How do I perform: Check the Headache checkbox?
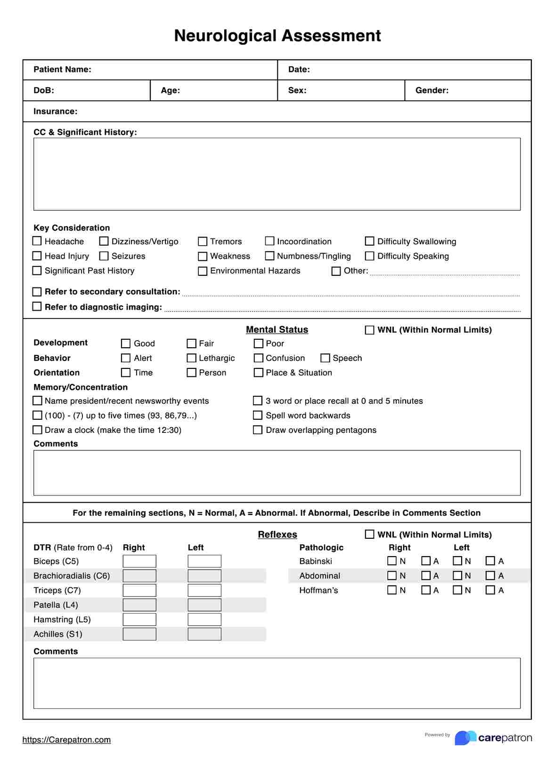[x=37, y=241]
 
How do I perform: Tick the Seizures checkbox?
[x=104, y=256]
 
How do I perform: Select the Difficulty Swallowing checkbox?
[x=370, y=241]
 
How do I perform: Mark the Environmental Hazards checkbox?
[x=203, y=271]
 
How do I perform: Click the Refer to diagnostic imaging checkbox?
[x=37, y=306]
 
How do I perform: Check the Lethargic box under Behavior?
[x=191, y=358]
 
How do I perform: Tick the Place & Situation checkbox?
[x=258, y=373]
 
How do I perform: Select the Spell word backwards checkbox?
[x=258, y=415]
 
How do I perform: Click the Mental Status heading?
[x=277, y=329]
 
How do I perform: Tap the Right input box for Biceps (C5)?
[x=139, y=561]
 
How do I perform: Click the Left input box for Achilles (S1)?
[x=204, y=634]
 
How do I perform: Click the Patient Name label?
[x=62, y=70]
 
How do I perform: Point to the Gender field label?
[x=432, y=90]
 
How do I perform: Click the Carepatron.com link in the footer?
[x=66, y=740]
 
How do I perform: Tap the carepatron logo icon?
[x=465, y=738]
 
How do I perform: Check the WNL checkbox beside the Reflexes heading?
[x=370, y=534]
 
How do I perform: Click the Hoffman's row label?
[x=318, y=590]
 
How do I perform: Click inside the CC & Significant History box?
[x=277, y=174]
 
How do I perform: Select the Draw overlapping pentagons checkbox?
[x=258, y=430]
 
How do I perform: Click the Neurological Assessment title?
[x=277, y=36]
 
